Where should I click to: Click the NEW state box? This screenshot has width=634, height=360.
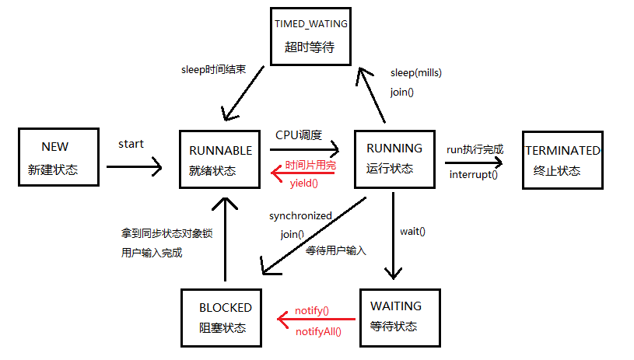[x=59, y=158]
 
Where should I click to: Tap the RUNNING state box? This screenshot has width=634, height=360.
[x=394, y=159]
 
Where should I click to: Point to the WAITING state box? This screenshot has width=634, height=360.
[x=395, y=316]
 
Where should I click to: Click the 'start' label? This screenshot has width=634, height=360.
[x=131, y=144]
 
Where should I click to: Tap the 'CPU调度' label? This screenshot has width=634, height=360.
[x=299, y=135]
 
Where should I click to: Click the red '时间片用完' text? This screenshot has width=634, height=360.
[x=310, y=166]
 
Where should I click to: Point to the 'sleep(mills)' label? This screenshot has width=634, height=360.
[x=416, y=73]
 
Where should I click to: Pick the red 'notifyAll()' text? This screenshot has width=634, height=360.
[x=318, y=332]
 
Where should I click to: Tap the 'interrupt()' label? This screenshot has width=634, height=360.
[x=473, y=174]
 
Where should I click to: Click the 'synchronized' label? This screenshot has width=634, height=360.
[x=300, y=215]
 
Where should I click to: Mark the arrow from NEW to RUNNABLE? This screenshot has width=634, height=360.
[x=133, y=166]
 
